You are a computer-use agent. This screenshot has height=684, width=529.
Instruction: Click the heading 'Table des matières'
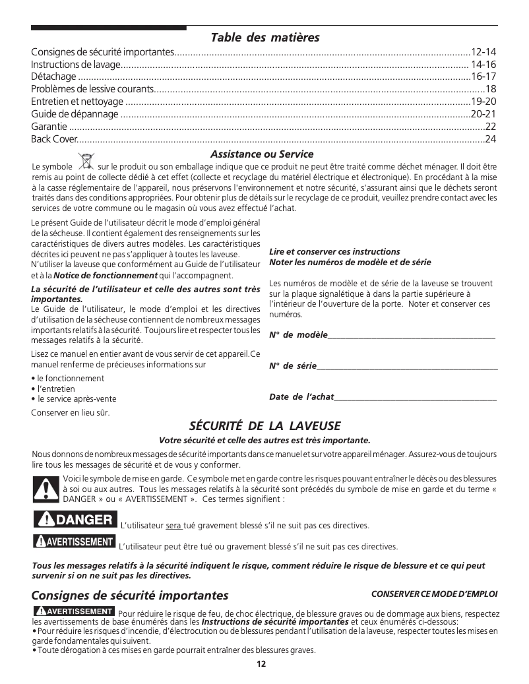(264, 38)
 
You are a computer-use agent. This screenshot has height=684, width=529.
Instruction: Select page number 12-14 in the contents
(483, 52)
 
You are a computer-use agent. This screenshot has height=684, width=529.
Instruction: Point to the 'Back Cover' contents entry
(54, 139)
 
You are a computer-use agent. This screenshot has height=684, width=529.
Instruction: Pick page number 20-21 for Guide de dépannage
(483, 113)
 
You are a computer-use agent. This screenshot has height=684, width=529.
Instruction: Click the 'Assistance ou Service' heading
(262, 154)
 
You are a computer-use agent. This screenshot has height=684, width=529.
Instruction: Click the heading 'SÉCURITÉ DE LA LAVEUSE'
(264, 426)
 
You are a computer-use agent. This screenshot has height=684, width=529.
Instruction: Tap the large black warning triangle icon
(46, 489)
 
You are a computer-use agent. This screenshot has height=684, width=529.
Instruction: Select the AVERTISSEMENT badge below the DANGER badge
(73, 542)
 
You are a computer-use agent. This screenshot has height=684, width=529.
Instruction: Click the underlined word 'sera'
(173, 526)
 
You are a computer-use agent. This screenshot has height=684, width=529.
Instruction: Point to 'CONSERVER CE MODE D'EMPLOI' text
(434, 594)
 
